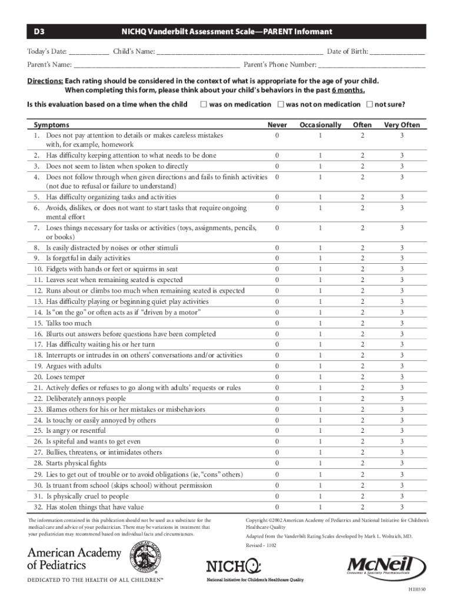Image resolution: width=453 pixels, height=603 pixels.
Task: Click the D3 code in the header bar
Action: click(x=38, y=31)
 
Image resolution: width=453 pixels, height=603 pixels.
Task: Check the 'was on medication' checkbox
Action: click(x=203, y=105)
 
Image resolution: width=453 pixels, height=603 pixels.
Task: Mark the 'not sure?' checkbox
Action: click(x=369, y=105)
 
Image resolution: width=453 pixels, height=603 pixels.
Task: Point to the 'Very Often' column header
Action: click(x=402, y=125)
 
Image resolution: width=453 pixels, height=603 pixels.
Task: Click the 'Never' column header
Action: click(x=277, y=125)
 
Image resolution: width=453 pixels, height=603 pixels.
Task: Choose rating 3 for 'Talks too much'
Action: click(x=402, y=323)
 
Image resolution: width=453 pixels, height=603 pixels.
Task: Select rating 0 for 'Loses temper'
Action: click(x=277, y=377)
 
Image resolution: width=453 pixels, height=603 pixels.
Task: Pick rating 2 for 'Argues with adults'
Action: click(x=362, y=366)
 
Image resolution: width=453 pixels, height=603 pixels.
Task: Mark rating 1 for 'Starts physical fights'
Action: click(x=321, y=463)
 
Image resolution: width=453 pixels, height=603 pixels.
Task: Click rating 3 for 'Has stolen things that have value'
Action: click(x=402, y=507)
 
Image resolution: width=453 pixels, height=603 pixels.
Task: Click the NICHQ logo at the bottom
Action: click(x=234, y=566)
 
